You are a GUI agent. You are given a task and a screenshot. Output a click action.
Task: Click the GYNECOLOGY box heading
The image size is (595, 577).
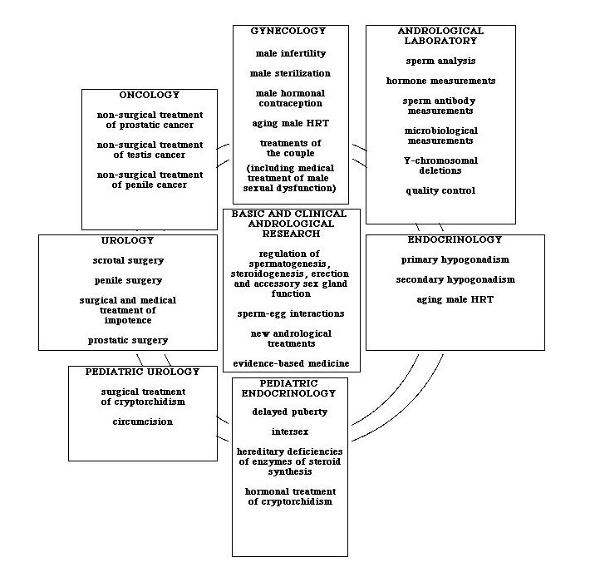pos(288,31)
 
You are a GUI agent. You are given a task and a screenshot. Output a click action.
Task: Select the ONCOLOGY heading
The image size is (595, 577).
pos(149,95)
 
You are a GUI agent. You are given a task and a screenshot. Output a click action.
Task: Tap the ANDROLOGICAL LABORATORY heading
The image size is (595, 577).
pos(440,35)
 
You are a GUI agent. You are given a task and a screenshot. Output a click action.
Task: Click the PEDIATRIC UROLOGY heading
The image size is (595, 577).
pos(142,371)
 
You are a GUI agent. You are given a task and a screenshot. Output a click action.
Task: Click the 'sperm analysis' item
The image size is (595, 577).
pos(440,61)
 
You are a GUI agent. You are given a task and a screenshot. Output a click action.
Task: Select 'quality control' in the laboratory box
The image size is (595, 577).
pos(440,190)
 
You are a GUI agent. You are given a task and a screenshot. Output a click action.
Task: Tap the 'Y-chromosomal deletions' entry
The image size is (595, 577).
pos(440,165)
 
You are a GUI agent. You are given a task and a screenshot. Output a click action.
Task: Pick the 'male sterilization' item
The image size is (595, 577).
pos(289,73)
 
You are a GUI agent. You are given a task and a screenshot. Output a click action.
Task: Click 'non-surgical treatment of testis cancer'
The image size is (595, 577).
pos(150,150)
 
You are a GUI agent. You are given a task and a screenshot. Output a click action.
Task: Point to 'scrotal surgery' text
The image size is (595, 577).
pos(126,260)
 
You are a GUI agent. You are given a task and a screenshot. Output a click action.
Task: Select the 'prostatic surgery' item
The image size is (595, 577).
pos(128,339)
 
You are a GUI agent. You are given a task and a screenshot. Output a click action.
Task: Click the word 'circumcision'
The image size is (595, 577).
pos(143,422)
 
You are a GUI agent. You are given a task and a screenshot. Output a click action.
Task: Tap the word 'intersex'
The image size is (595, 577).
pos(288,432)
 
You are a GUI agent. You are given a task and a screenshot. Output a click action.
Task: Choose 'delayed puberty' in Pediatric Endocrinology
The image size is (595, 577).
pos(288,412)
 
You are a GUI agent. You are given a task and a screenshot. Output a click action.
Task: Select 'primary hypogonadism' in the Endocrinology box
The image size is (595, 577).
pos(454,259)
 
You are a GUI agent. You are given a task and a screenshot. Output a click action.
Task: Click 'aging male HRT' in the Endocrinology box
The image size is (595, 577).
pos(454,299)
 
